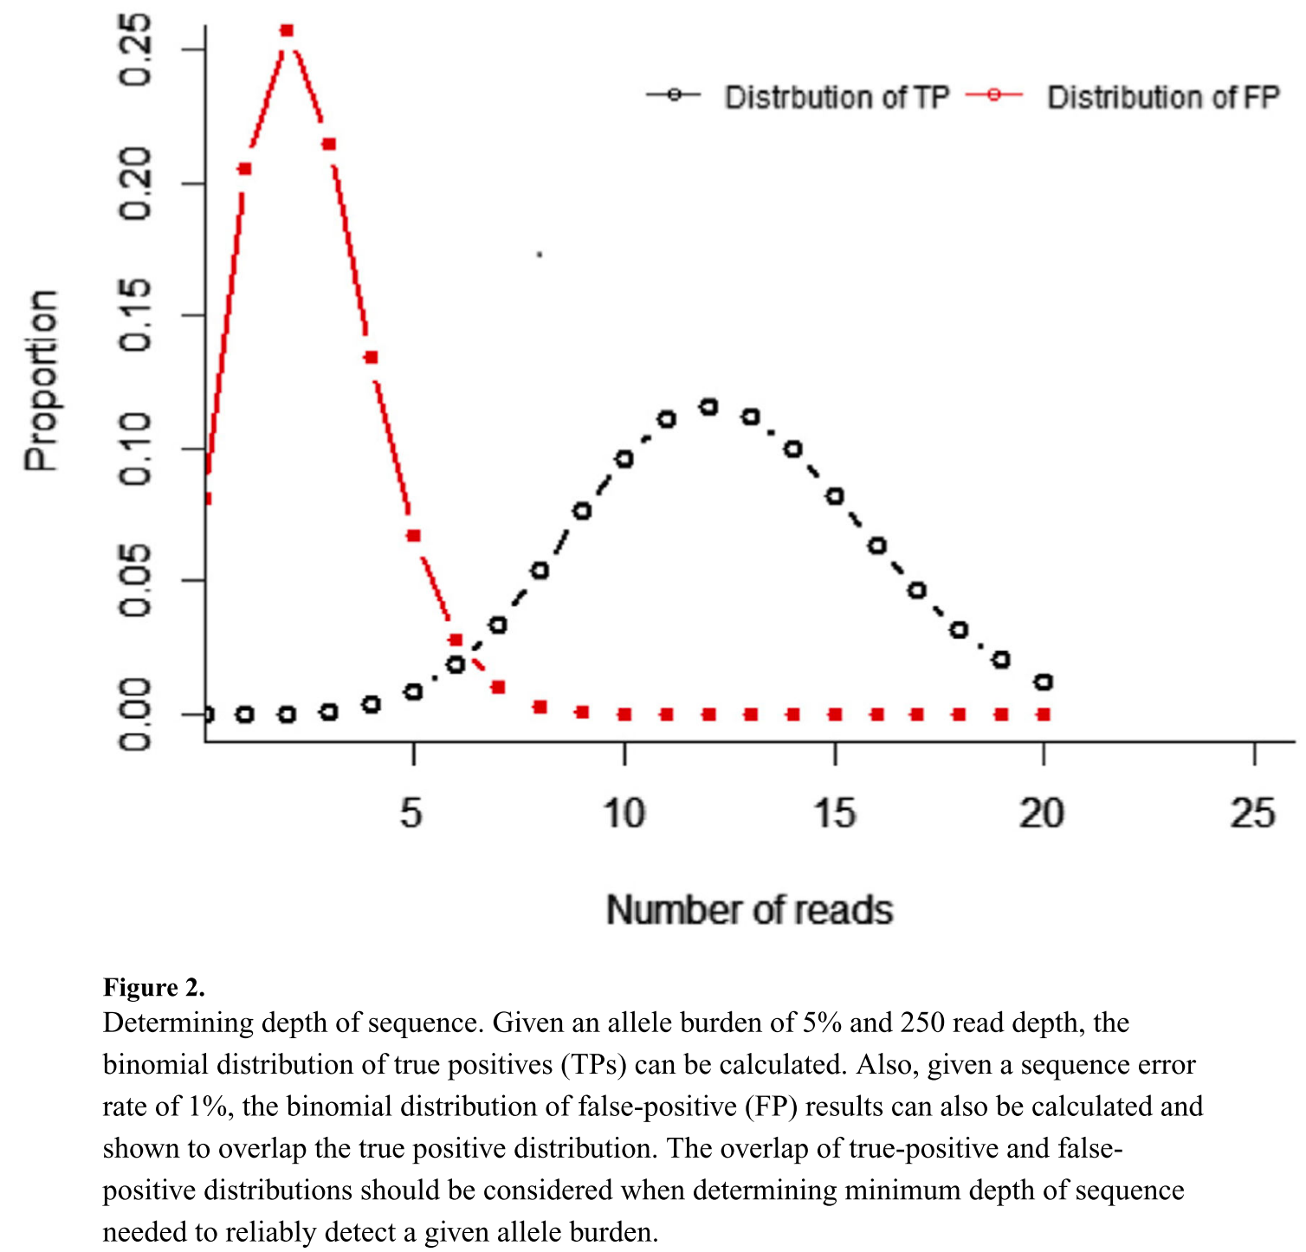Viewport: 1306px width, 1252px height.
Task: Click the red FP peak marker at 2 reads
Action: click(x=287, y=31)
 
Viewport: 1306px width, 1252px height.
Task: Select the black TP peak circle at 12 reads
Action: click(x=709, y=407)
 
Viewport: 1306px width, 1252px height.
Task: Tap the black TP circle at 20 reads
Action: click(x=1044, y=682)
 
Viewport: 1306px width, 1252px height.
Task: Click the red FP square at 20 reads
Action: click(x=1044, y=714)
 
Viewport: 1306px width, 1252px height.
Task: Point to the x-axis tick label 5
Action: click(x=411, y=814)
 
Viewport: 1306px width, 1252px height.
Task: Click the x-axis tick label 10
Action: click(x=624, y=814)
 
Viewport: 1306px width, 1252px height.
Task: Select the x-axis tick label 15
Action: click(x=835, y=814)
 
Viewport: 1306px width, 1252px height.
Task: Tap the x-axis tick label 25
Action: click(x=1253, y=814)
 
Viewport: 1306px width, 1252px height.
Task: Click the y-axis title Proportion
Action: click(x=41, y=381)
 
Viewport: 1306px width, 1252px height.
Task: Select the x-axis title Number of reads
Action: click(x=749, y=910)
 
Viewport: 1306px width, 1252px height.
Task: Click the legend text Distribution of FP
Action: click(x=1162, y=98)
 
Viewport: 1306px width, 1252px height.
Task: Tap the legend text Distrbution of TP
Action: click(x=837, y=98)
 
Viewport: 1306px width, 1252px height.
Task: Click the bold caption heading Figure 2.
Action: click(x=154, y=987)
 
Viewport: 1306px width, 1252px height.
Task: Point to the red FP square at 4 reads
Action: click(x=371, y=358)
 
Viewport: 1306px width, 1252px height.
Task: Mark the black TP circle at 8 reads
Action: click(x=540, y=571)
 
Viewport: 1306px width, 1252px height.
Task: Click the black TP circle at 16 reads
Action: click(x=877, y=545)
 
